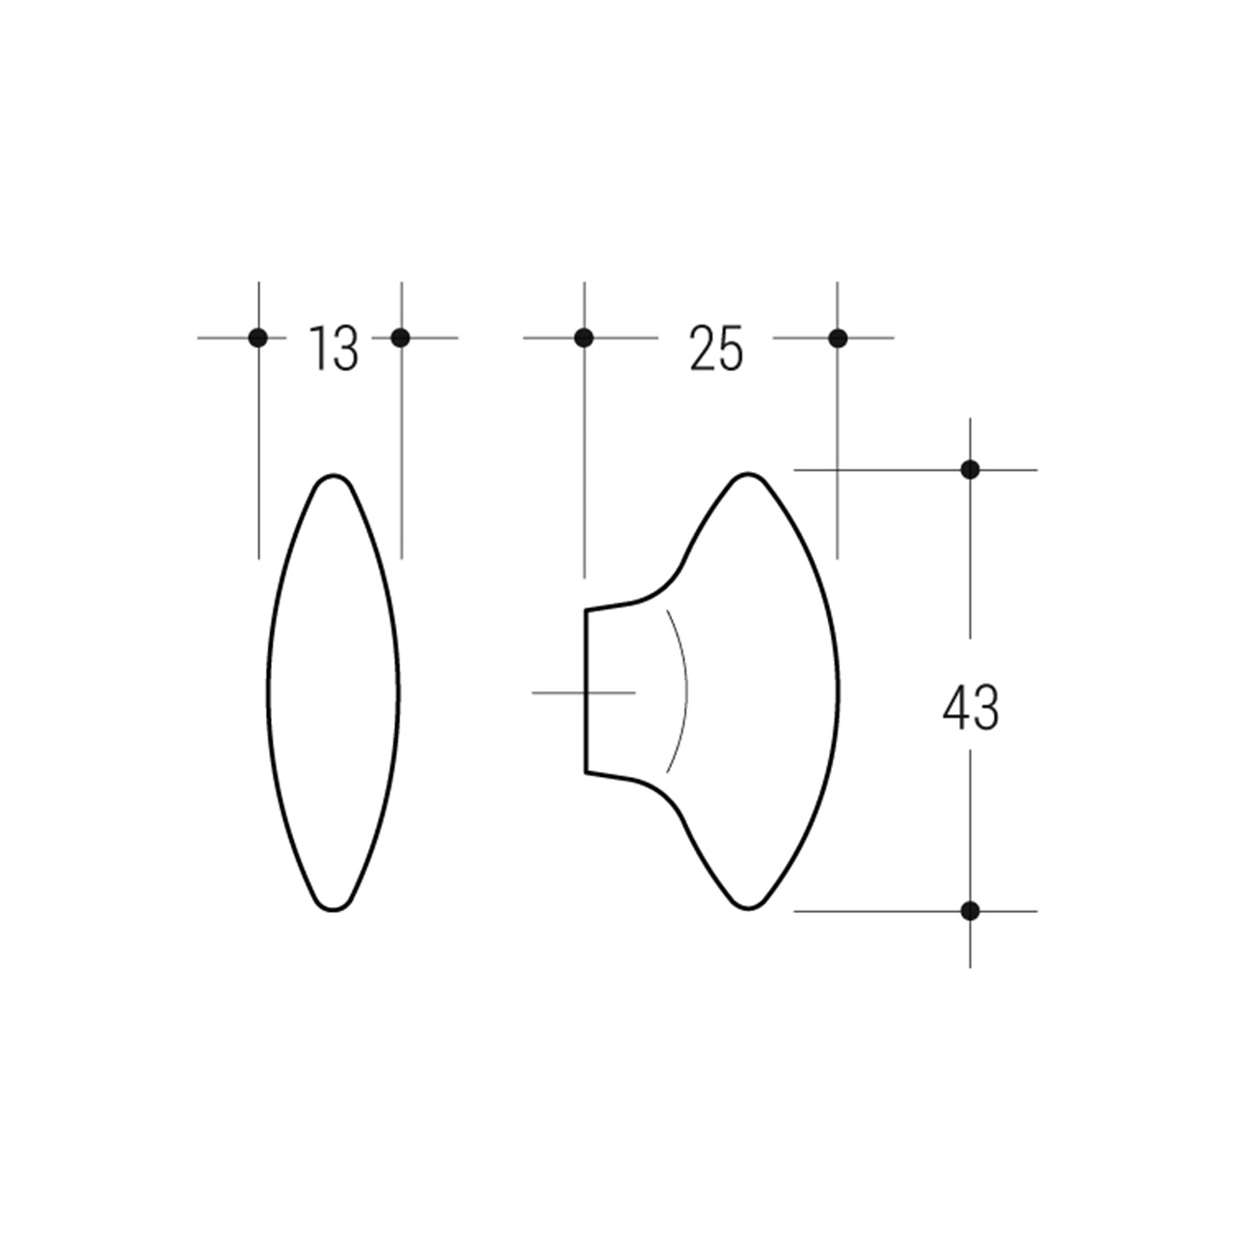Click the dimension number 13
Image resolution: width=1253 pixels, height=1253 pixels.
click(333, 348)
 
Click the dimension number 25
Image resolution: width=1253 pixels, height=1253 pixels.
click(716, 348)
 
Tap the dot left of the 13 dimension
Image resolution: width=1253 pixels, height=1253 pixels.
click(258, 337)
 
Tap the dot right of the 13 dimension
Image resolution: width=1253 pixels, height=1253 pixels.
click(401, 337)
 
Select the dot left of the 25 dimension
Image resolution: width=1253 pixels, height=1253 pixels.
click(584, 337)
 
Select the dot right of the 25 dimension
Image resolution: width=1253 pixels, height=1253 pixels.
click(838, 337)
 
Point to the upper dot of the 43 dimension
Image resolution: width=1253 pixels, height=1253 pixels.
click(970, 468)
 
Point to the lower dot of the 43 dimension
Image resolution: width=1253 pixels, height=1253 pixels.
click(970, 911)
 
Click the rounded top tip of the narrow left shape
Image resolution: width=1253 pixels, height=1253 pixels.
click(333, 475)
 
